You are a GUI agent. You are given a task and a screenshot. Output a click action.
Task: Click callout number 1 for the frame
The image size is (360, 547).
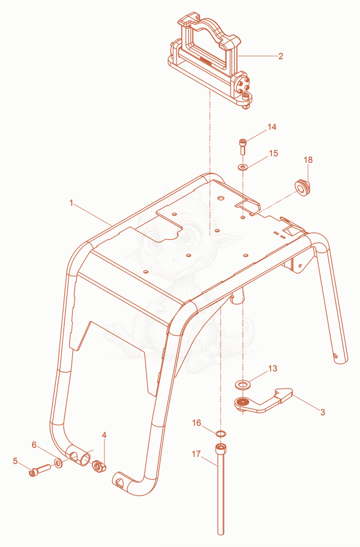(x=71, y=203)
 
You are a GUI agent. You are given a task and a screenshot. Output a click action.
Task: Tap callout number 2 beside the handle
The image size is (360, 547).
(x=281, y=56)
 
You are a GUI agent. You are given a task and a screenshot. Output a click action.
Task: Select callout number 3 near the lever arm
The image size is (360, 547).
(x=322, y=412)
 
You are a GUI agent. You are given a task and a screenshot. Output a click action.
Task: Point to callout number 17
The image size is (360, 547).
(x=196, y=454)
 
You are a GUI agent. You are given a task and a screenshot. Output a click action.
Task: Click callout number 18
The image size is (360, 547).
(x=308, y=160)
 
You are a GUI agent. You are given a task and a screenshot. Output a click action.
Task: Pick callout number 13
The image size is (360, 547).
(x=273, y=368)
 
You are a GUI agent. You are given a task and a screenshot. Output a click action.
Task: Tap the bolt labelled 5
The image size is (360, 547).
(x=40, y=470)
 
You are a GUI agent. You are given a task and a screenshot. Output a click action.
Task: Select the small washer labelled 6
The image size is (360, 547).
(x=58, y=463)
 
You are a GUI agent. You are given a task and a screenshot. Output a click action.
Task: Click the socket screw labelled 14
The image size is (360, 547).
(x=243, y=147)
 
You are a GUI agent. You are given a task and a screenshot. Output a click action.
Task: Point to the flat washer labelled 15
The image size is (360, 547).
(x=243, y=167)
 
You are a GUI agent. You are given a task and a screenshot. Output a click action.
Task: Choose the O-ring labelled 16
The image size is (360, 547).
(x=220, y=434)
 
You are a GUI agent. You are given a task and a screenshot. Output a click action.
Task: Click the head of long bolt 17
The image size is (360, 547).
(x=220, y=448)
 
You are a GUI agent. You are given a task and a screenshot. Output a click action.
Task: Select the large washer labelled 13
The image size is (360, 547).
(x=243, y=385)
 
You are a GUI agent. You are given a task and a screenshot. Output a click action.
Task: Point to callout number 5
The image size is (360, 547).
(x=15, y=461)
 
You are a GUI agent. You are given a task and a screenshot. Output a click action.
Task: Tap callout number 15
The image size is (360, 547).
(x=273, y=154)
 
